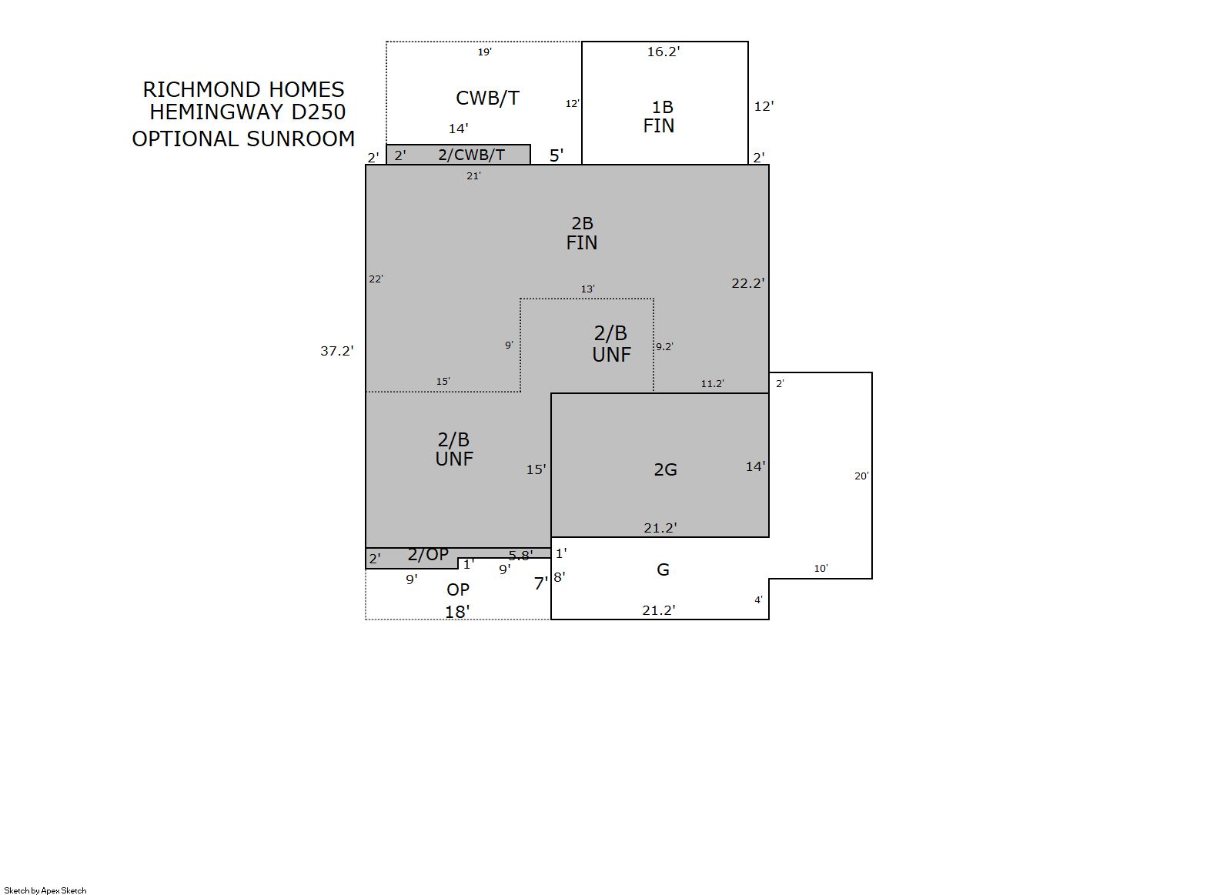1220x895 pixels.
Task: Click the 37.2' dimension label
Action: tap(336, 351)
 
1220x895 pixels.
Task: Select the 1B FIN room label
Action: tap(659, 116)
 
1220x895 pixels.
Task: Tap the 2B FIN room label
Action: tap(582, 233)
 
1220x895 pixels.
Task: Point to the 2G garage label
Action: tap(665, 469)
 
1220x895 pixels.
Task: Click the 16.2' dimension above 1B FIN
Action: tap(663, 52)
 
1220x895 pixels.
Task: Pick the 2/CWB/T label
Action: tap(471, 155)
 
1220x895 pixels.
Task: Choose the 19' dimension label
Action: tap(485, 52)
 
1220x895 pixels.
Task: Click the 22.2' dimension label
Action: tap(748, 283)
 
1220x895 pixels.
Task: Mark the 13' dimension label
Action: tap(587, 289)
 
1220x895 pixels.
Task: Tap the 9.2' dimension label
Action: tap(664, 346)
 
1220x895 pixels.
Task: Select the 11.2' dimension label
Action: tap(712, 384)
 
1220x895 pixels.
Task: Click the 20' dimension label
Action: tap(861, 476)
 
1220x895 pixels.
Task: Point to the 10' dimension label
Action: tap(821, 569)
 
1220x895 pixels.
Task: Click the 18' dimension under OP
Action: tap(457, 613)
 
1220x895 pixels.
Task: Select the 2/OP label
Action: tap(428, 555)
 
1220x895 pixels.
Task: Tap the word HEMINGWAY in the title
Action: tap(218, 112)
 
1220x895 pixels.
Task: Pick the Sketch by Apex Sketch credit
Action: tap(45, 890)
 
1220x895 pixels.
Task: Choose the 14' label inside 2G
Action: tap(755, 466)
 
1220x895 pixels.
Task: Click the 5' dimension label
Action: tap(556, 155)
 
